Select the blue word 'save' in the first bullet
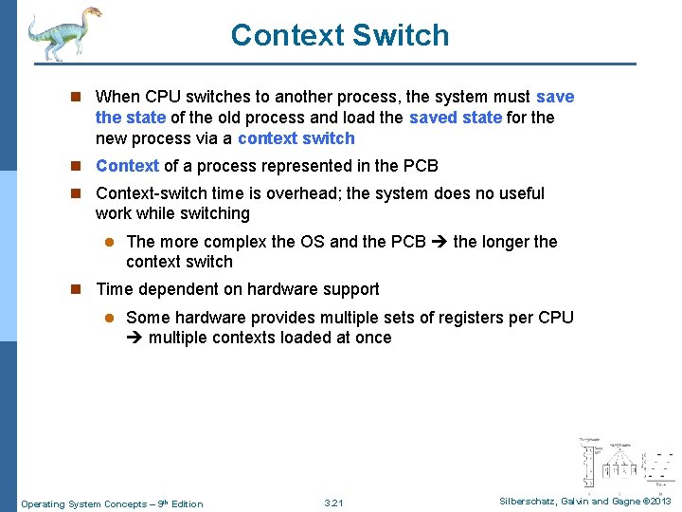pyautogui.click(x=555, y=97)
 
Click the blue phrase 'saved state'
pyautogui.click(x=456, y=118)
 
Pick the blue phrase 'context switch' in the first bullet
pyautogui.click(x=296, y=138)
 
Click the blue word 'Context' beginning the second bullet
pyautogui.click(x=127, y=166)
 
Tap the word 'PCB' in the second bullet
pyautogui.click(x=421, y=166)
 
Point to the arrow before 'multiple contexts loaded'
pyautogui.click(x=134, y=338)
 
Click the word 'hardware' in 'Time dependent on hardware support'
pyautogui.click(x=280, y=289)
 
